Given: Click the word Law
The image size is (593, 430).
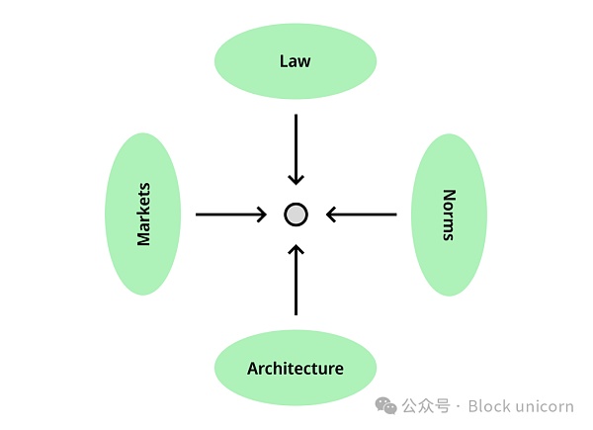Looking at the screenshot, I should tap(295, 61).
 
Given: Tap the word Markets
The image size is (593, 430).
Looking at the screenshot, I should tap(144, 214).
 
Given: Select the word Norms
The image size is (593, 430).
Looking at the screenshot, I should tap(449, 215).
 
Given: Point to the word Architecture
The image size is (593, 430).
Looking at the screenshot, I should tap(296, 369).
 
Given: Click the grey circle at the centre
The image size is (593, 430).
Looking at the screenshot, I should tap(296, 215).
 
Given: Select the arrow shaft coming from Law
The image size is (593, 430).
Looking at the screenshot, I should tap(296, 143).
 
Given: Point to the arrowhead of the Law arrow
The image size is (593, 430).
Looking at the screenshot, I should tap(296, 179).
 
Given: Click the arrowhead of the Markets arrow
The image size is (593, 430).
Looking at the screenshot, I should tap(262, 215).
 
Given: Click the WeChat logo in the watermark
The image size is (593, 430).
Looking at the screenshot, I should tap(385, 405).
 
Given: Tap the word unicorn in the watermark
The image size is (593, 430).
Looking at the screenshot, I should tap(543, 406).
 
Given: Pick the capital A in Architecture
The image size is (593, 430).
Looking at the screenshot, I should tap(253, 369).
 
